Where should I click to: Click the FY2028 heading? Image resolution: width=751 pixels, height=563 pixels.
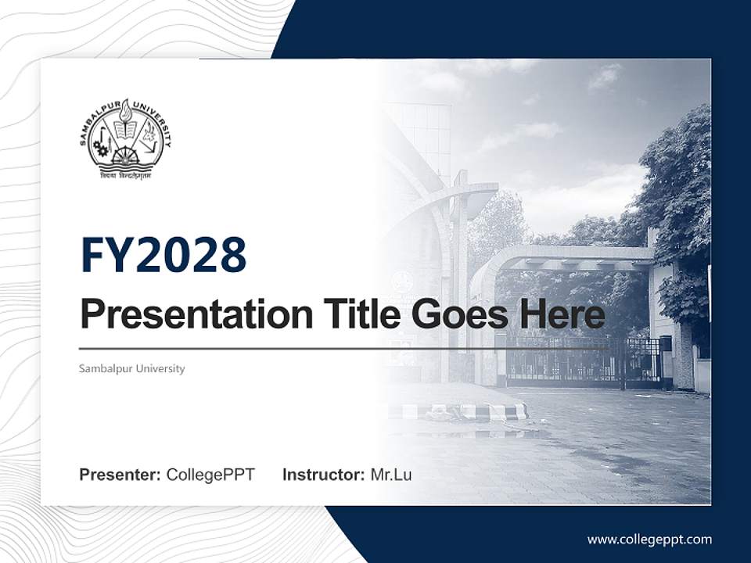click(163, 255)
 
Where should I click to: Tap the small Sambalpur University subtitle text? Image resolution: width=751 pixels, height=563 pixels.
click(131, 368)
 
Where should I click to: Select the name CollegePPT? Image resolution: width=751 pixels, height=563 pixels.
click(210, 475)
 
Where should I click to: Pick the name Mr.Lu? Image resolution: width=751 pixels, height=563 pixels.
click(391, 475)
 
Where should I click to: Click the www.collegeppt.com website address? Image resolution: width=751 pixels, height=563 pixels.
click(649, 539)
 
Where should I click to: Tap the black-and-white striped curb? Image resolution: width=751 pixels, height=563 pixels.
click(469, 411)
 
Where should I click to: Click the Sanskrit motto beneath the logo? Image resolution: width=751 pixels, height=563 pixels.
click(125, 175)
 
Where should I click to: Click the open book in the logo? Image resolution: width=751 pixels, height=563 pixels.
click(125, 127)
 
